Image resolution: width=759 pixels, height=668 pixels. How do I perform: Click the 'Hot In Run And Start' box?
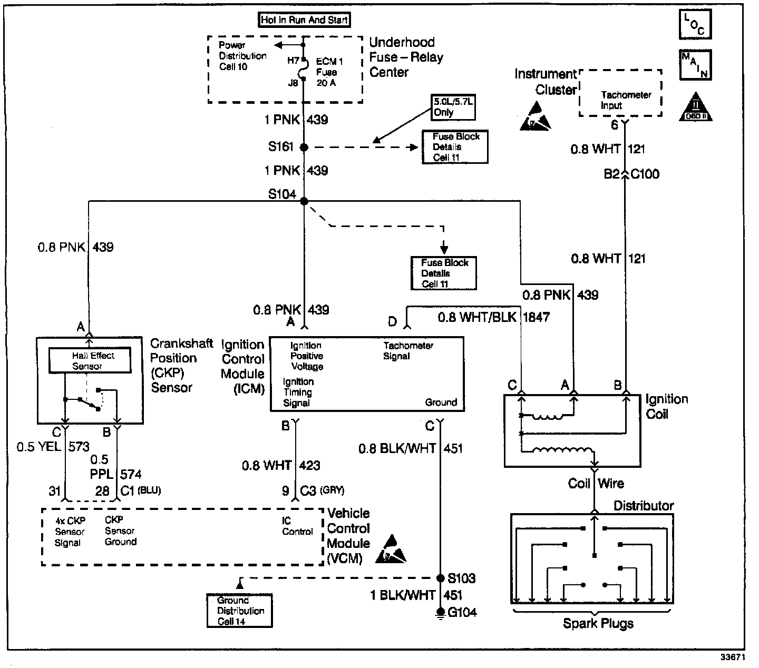(x=305, y=21)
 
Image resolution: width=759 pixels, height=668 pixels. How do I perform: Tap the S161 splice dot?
(x=304, y=148)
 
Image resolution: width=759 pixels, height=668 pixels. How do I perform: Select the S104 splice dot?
(x=304, y=201)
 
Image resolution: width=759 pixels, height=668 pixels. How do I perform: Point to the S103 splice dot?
(x=441, y=578)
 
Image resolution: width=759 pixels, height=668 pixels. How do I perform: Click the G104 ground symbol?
(x=440, y=613)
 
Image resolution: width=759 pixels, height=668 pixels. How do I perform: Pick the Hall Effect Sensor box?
(x=90, y=361)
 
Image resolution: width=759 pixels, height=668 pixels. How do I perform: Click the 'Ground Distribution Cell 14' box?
(x=240, y=611)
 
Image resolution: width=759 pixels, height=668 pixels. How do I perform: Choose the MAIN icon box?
(x=695, y=65)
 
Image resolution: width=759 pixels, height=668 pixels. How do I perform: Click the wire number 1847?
(x=537, y=318)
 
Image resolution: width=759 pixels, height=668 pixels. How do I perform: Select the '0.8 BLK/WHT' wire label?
(x=397, y=448)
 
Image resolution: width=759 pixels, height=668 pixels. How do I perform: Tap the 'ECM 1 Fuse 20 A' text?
(x=329, y=72)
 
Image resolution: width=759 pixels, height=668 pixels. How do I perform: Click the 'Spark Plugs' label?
(x=598, y=624)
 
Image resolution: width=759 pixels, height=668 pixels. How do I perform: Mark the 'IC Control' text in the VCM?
(x=297, y=526)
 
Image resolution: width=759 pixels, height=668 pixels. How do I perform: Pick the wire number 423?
(x=309, y=466)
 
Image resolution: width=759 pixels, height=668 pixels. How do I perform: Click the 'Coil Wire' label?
(x=596, y=484)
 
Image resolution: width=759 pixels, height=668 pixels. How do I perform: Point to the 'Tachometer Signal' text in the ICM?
(x=408, y=351)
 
